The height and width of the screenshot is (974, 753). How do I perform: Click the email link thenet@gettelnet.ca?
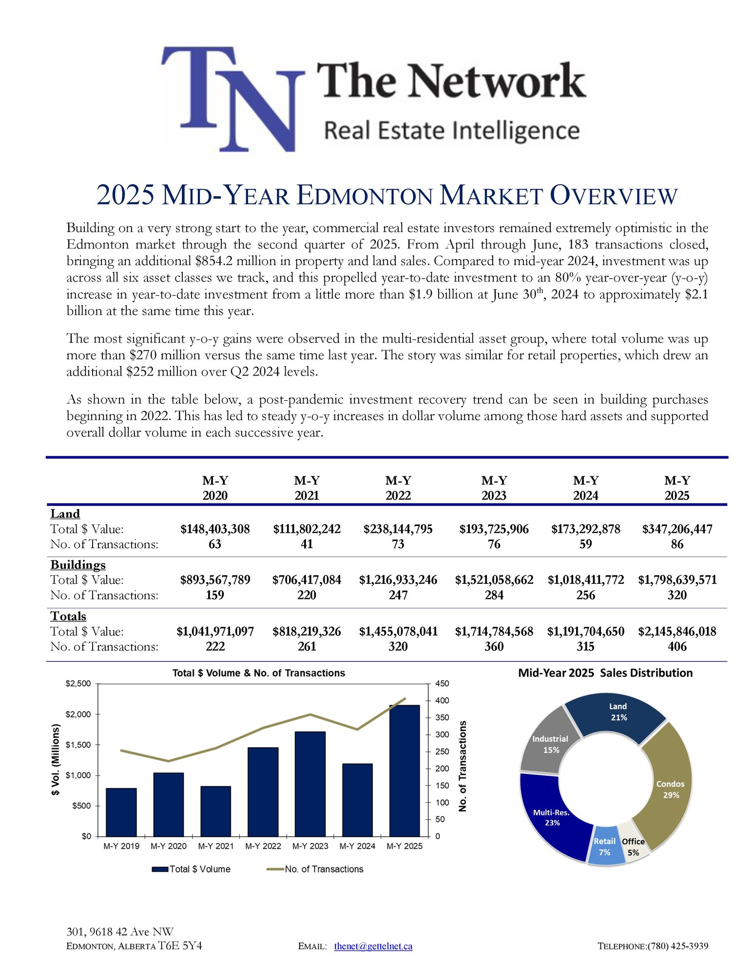pos(373,946)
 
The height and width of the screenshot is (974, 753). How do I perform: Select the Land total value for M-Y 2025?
pos(677,529)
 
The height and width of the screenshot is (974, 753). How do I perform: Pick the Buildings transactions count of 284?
pos(494,595)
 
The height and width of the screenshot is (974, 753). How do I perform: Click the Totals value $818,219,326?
pos(307,632)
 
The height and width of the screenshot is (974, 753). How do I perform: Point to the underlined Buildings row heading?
pos(78,565)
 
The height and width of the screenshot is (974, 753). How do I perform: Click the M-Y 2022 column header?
pos(398,488)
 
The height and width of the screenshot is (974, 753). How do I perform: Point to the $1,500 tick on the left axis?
pos(78,745)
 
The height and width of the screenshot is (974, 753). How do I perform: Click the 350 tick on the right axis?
pos(442,717)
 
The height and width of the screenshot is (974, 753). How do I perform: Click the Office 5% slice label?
pos(633,847)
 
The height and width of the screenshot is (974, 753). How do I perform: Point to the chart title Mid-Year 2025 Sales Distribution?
pos(605,673)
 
